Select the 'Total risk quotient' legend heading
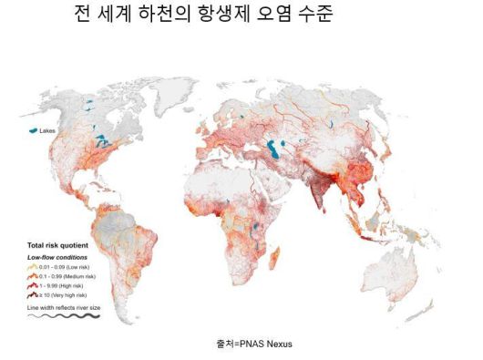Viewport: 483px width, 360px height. point(58,246)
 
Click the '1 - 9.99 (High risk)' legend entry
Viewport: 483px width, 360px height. point(65,285)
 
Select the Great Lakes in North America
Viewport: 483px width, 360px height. point(108,142)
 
